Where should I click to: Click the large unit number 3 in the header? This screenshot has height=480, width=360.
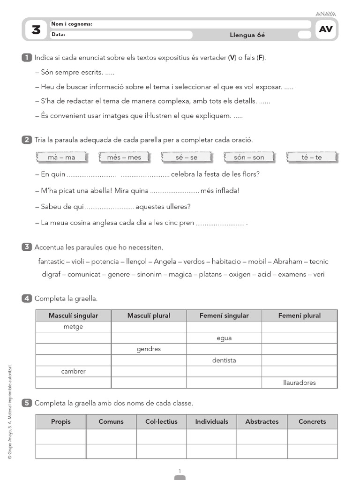coord(36,30)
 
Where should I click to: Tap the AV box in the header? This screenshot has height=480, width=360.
coord(326,29)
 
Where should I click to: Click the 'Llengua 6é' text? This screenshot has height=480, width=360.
coord(247,35)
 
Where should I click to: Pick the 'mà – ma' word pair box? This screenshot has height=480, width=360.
coord(61,157)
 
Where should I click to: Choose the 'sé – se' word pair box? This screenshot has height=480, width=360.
coord(187,157)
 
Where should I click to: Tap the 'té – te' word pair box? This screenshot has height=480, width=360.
coord(312,157)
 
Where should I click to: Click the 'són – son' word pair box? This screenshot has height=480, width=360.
coord(249,157)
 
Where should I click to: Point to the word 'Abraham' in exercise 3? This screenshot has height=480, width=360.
coord(288,262)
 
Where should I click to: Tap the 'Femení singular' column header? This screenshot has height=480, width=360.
coord(224,315)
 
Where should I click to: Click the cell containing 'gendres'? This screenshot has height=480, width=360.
coord(149,349)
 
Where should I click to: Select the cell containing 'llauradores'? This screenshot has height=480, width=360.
coord(300,382)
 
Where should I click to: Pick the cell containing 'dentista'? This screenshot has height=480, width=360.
coord(224,360)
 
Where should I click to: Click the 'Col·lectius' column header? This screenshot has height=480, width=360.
coord(161,421)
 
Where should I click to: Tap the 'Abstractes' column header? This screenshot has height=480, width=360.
coord(262,421)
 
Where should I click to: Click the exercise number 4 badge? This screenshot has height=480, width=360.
coord(27,299)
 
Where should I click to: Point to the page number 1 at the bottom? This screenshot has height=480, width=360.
coord(180,471)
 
